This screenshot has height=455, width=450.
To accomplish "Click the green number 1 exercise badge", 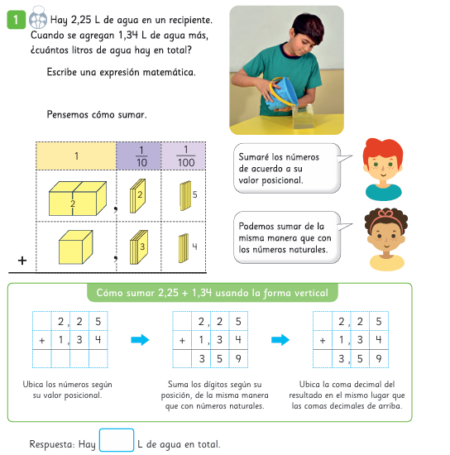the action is click(x=17, y=20).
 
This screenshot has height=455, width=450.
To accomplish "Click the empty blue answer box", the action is click(x=117, y=440).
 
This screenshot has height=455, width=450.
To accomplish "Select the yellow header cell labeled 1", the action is click(x=76, y=156).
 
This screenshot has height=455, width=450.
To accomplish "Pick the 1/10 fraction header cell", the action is click(x=139, y=156).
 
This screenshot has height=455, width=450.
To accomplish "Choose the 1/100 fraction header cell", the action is click(x=184, y=156).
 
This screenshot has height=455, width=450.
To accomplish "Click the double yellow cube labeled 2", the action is click(x=78, y=199).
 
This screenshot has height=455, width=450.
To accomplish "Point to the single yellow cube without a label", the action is click(x=76, y=247).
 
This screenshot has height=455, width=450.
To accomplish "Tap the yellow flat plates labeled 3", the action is click(x=139, y=247).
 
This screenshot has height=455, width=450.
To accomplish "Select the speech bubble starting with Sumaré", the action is click(x=287, y=168).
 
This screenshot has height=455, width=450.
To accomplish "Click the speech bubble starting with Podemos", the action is click(x=287, y=237).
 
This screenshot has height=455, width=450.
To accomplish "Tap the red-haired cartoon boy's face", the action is click(x=383, y=170).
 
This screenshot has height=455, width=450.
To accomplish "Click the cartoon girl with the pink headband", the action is click(x=386, y=239).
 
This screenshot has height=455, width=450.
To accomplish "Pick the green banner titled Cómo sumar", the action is click(x=213, y=293).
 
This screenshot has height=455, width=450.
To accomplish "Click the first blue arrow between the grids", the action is click(x=140, y=340).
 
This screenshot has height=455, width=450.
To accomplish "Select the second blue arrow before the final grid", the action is click(x=280, y=340).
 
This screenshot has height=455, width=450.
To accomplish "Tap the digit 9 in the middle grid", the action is click(x=238, y=359).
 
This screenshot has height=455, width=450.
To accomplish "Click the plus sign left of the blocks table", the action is click(x=22, y=261).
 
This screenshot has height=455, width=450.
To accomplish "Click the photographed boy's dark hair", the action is click(x=309, y=26).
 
